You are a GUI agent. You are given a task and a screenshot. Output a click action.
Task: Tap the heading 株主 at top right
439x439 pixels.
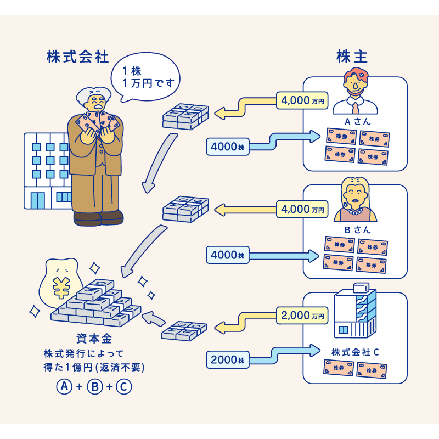(352, 57)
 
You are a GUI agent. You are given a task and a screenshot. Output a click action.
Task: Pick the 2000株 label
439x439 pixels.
(227, 359)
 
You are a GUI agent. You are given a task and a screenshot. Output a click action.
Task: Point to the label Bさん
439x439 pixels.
(356, 230)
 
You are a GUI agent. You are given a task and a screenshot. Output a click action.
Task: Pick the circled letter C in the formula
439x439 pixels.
(124, 386)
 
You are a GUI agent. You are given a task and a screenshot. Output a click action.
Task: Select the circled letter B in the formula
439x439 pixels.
(94, 386)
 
